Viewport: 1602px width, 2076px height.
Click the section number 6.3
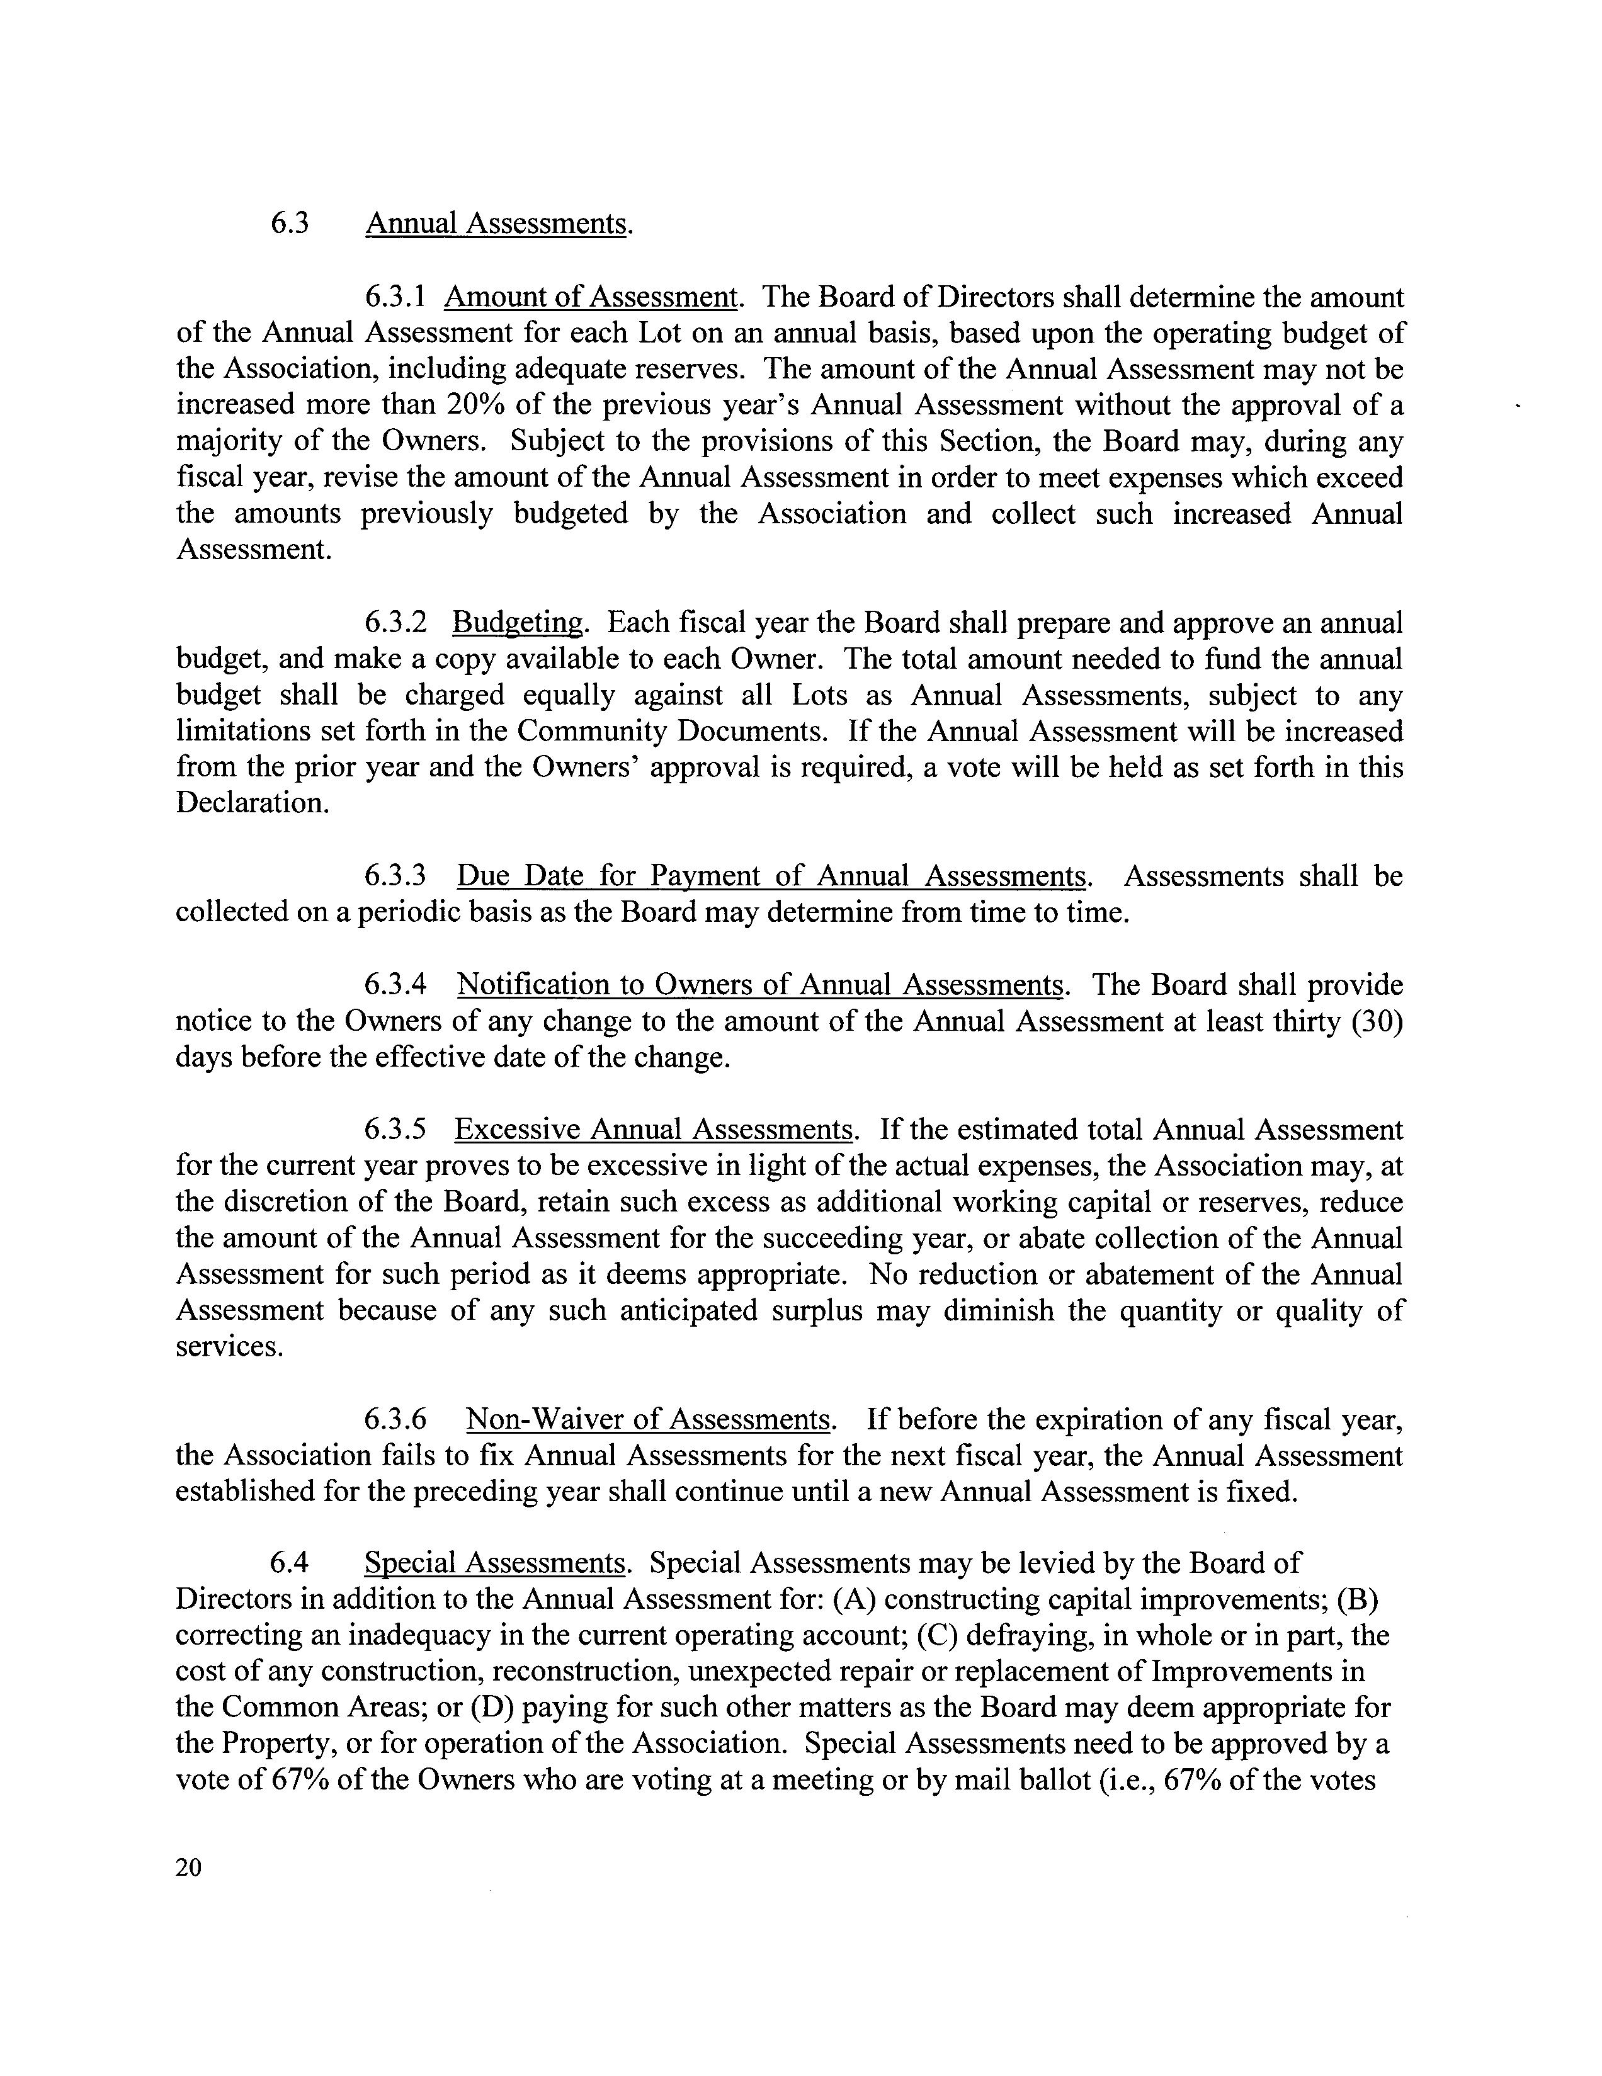(289, 224)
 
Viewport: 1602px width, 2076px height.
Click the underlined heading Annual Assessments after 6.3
(496, 224)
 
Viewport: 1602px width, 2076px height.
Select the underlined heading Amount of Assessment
(591, 298)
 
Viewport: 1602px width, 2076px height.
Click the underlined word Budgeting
(517, 623)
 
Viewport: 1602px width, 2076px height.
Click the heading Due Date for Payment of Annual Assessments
(771, 875)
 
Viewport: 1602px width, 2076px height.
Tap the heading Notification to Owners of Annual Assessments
(759, 985)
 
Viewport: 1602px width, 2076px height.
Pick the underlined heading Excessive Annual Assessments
(654, 1130)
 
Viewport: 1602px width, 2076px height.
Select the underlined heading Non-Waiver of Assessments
(649, 1420)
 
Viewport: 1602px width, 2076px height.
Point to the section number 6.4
(289, 1563)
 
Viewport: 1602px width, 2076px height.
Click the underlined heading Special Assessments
(494, 1563)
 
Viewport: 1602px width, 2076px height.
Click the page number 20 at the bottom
(189, 1868)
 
